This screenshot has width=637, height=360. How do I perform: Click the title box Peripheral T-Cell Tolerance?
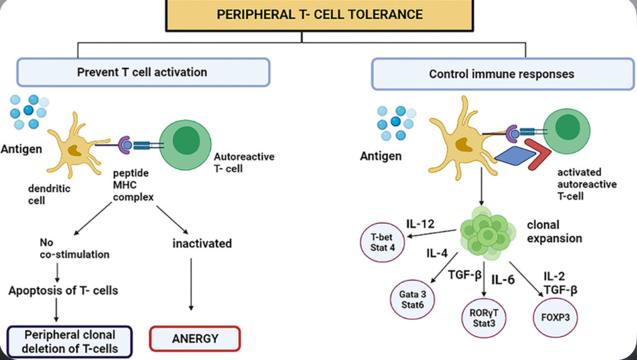click(319, 15)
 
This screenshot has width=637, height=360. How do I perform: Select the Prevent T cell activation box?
click(143, 72)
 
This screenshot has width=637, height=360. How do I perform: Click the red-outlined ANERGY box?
click(195, 338)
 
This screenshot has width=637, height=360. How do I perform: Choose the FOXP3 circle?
click(555, 316)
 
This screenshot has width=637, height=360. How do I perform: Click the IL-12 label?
click(420, 224)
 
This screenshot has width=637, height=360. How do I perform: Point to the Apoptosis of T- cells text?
click(63, 290)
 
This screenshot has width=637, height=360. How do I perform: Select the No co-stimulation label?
click(74, 248)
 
